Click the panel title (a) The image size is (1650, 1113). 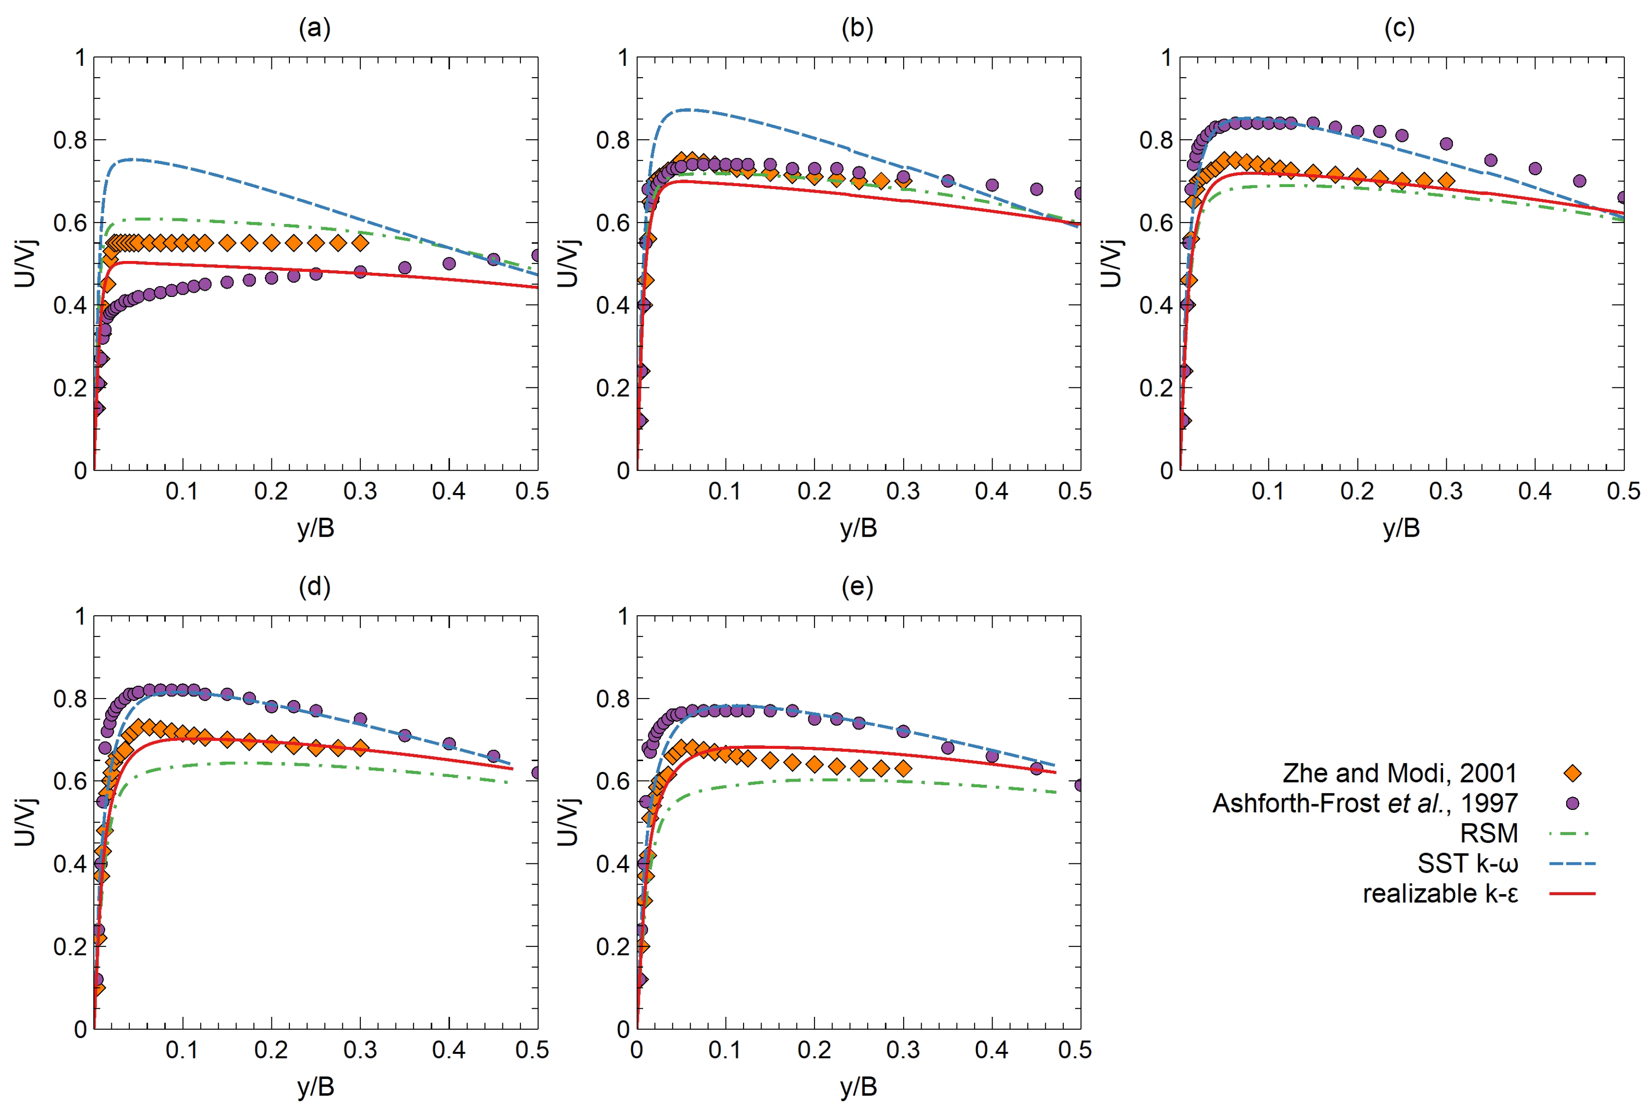[x=314, y=28]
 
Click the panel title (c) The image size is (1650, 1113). [x=1399, y=28]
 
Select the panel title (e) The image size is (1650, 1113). [x=857, y=587]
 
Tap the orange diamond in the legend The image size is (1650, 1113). [x=1572, y=773]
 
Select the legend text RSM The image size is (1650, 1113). [x=1488, y=833]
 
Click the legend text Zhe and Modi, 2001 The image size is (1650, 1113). [x=1399, y=773]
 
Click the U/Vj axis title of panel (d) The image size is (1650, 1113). [x=25, y=822]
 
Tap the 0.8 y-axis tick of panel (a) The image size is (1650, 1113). [x=70, y=140]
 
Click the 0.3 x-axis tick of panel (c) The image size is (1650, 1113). [x=1445, y=491]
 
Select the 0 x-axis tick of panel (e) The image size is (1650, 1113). [x=637, y=1050]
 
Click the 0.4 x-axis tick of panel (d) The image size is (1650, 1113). [x=448, y=1050]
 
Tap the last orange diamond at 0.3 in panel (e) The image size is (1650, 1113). [x=903, y=768]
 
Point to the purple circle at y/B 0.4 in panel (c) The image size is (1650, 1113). [x=1534, y=168]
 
